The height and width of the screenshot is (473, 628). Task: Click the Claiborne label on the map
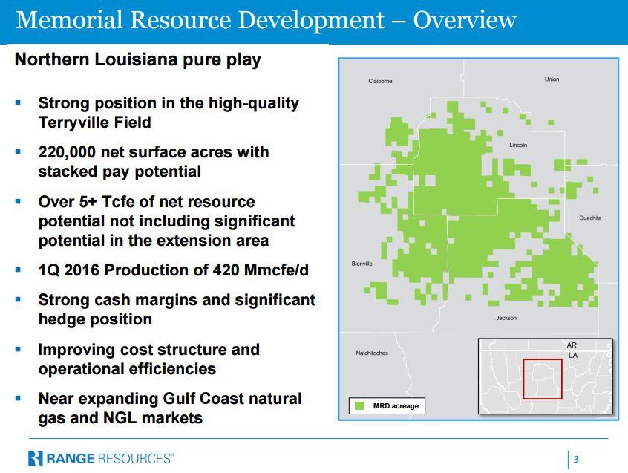(x=380, y=81)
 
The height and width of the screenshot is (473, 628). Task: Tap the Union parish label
(x=552, y=79)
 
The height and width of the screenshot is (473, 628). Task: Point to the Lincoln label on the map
(x=518, y=145)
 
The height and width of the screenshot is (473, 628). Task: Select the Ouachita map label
(x=590, y=218)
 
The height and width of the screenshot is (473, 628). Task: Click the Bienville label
(x=362, y=264)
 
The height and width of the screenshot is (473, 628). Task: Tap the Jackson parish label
(x=506, y=318)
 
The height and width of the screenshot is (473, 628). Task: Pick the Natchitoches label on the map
(x=372, y=353)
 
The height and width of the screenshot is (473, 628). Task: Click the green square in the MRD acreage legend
(x=359, y=405)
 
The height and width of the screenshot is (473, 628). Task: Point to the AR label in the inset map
(x=572, y=345)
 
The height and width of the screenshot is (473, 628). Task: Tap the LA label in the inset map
(x=573, y=355)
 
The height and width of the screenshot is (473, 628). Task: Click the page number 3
(x=576, y=459)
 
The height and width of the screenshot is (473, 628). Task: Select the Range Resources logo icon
(x=35, y=458)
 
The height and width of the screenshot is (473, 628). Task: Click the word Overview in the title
(x=465, y=19)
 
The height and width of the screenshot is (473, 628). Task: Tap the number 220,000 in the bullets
(x=67, y=153)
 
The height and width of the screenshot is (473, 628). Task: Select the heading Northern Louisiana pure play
(x=138, y=60)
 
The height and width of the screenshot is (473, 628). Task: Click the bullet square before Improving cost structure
(x=18, y=349)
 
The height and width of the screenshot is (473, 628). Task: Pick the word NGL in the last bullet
(x=120, y=418)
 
